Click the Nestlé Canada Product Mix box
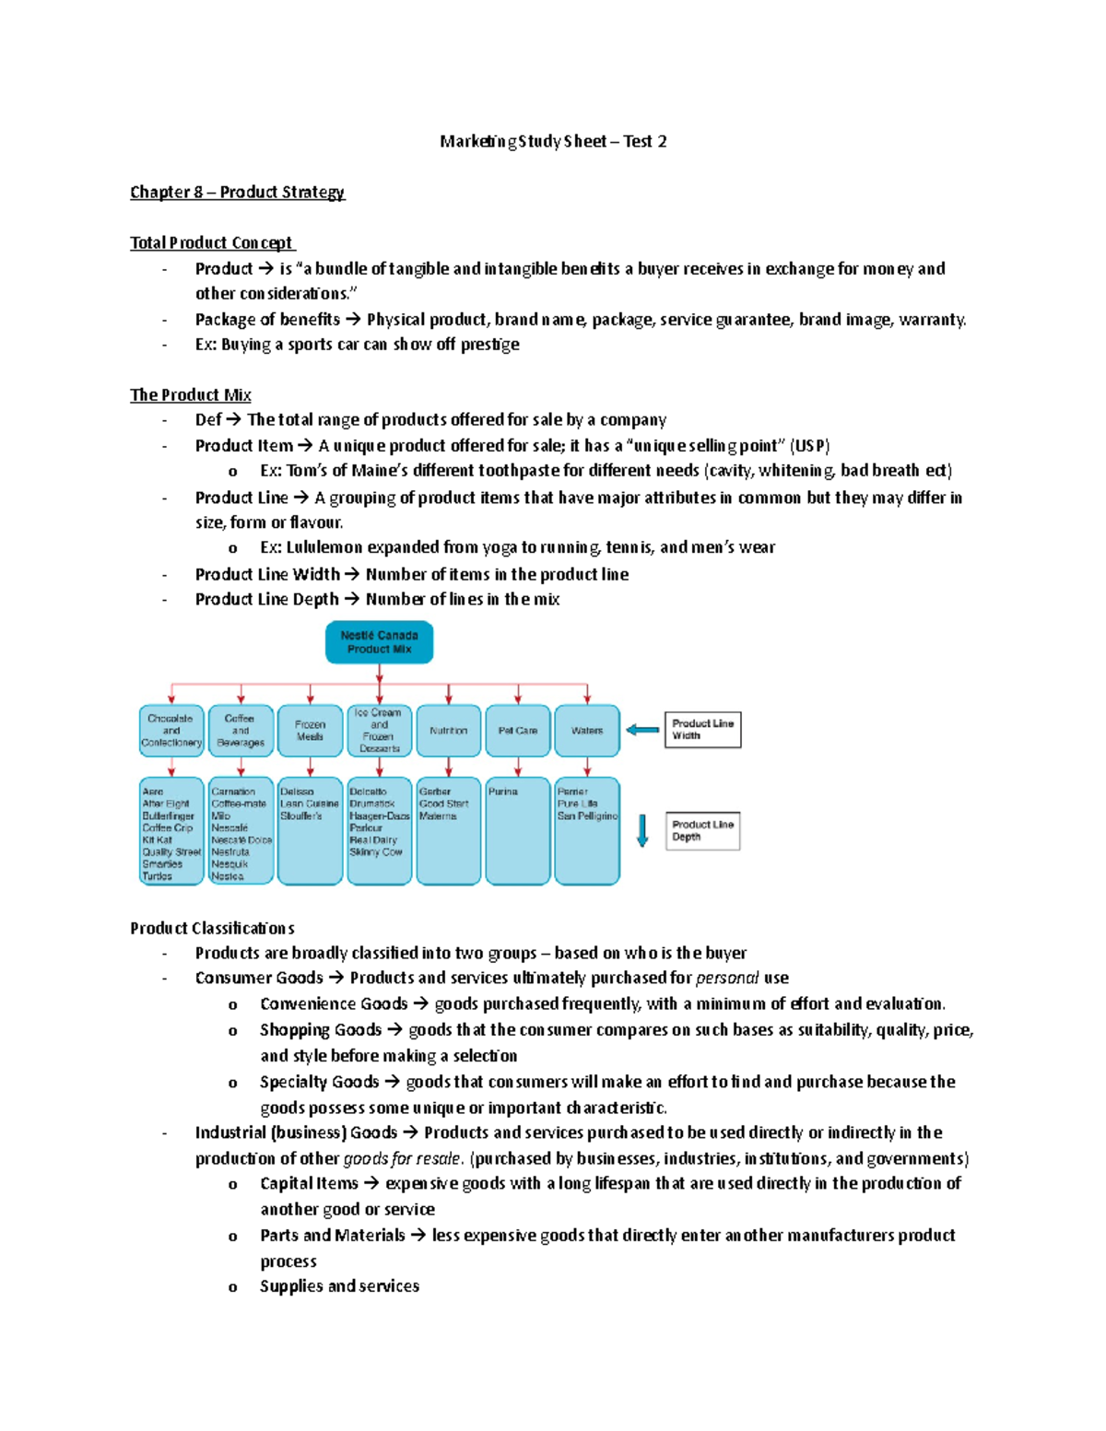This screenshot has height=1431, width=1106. (379, 642)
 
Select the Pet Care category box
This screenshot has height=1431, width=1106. (518, 731)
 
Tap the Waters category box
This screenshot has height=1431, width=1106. (587, 731)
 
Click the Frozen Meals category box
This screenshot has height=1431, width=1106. (310, 731)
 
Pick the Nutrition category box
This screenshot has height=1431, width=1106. (449, 731)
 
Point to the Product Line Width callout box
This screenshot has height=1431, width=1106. (702, 730)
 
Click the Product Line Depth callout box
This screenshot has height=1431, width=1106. (702, 831)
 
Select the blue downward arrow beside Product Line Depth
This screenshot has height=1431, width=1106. (642, 830)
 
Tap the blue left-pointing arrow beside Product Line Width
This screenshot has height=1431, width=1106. (642, 730)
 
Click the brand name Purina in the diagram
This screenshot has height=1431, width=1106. (503, 792)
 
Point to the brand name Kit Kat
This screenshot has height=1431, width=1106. (157, 840)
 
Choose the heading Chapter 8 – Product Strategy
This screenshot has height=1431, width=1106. (237, 192)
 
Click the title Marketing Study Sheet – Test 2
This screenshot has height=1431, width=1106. (553, 141)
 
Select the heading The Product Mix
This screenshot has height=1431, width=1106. (190, 394)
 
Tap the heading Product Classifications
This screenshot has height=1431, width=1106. (212, 928)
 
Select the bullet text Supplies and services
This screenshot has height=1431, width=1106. (339, 1286)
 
